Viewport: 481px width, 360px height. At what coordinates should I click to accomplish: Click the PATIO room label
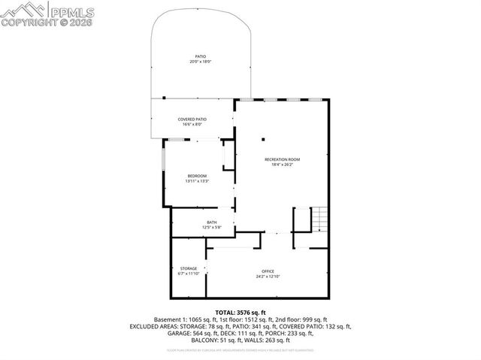point(201,56)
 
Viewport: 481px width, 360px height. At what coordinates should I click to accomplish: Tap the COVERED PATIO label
point(192,119)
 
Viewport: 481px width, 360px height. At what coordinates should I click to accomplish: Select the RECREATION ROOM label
point(282,159)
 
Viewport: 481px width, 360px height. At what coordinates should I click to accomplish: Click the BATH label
point(212,222)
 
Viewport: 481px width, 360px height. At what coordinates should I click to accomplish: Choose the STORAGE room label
point(188,268)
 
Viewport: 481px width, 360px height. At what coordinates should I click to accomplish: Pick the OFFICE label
point(268,271)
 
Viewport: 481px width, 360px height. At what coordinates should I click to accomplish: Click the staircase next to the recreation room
point(319,219)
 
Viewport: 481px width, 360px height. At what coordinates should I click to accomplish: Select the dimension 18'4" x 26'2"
point(282,165)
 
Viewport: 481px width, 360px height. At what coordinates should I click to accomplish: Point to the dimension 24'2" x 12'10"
point(268,277)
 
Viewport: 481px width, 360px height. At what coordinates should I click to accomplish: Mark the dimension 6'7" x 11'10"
point(188,274)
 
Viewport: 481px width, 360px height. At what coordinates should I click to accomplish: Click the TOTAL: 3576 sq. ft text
point(240,312)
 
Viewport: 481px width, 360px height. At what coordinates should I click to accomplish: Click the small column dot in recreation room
point(263,138)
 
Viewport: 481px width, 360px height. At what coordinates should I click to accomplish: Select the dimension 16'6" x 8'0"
point(192,124)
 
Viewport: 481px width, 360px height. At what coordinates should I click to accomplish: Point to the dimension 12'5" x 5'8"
point(212,227)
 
